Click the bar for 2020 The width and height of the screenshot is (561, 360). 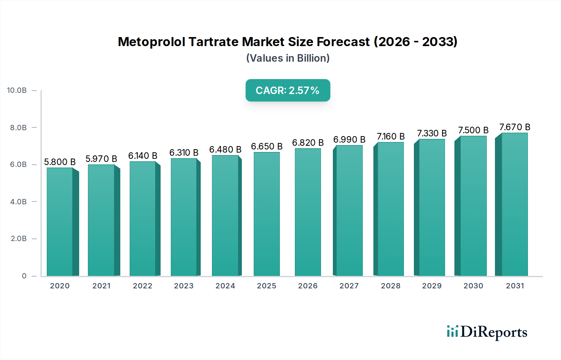tap(60, 222)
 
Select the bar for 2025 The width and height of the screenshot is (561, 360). tap(267, 214)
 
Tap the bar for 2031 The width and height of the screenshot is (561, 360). tap(514, 204)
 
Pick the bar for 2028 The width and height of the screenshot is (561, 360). tap(391, 209)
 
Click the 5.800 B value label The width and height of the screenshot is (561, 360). tap(60, 162)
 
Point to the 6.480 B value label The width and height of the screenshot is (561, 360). tap(225, 149)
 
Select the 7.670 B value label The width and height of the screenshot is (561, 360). tap(515, 127)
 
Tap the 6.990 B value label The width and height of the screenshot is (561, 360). tap(349, 140)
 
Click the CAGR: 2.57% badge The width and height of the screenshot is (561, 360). tap(288, 90)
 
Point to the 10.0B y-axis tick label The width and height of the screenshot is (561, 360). tap(17, 90)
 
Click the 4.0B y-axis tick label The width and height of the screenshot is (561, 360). tap(18, 202)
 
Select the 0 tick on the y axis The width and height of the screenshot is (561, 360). tap(24, 276)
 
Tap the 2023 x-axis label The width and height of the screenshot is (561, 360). tap(184, 286)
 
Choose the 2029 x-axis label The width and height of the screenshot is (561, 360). tap(432, 286)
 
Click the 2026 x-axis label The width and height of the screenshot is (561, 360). tap(308, 286)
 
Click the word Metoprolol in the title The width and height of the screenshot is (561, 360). tap(151, 42)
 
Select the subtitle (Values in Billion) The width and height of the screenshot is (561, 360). tap(288, 58)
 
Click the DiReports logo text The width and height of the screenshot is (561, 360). tap(494, 332)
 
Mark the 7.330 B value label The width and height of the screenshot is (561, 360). tap(432, 133)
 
